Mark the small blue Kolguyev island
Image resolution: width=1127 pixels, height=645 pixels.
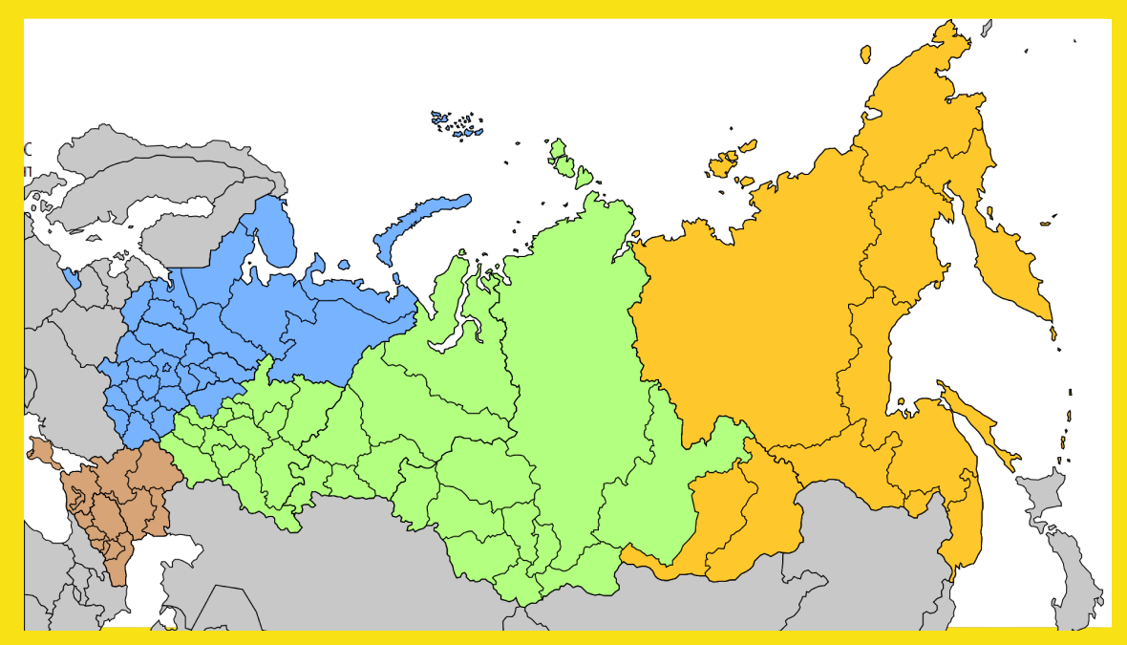344,265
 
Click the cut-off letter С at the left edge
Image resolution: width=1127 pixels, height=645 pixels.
28,149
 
